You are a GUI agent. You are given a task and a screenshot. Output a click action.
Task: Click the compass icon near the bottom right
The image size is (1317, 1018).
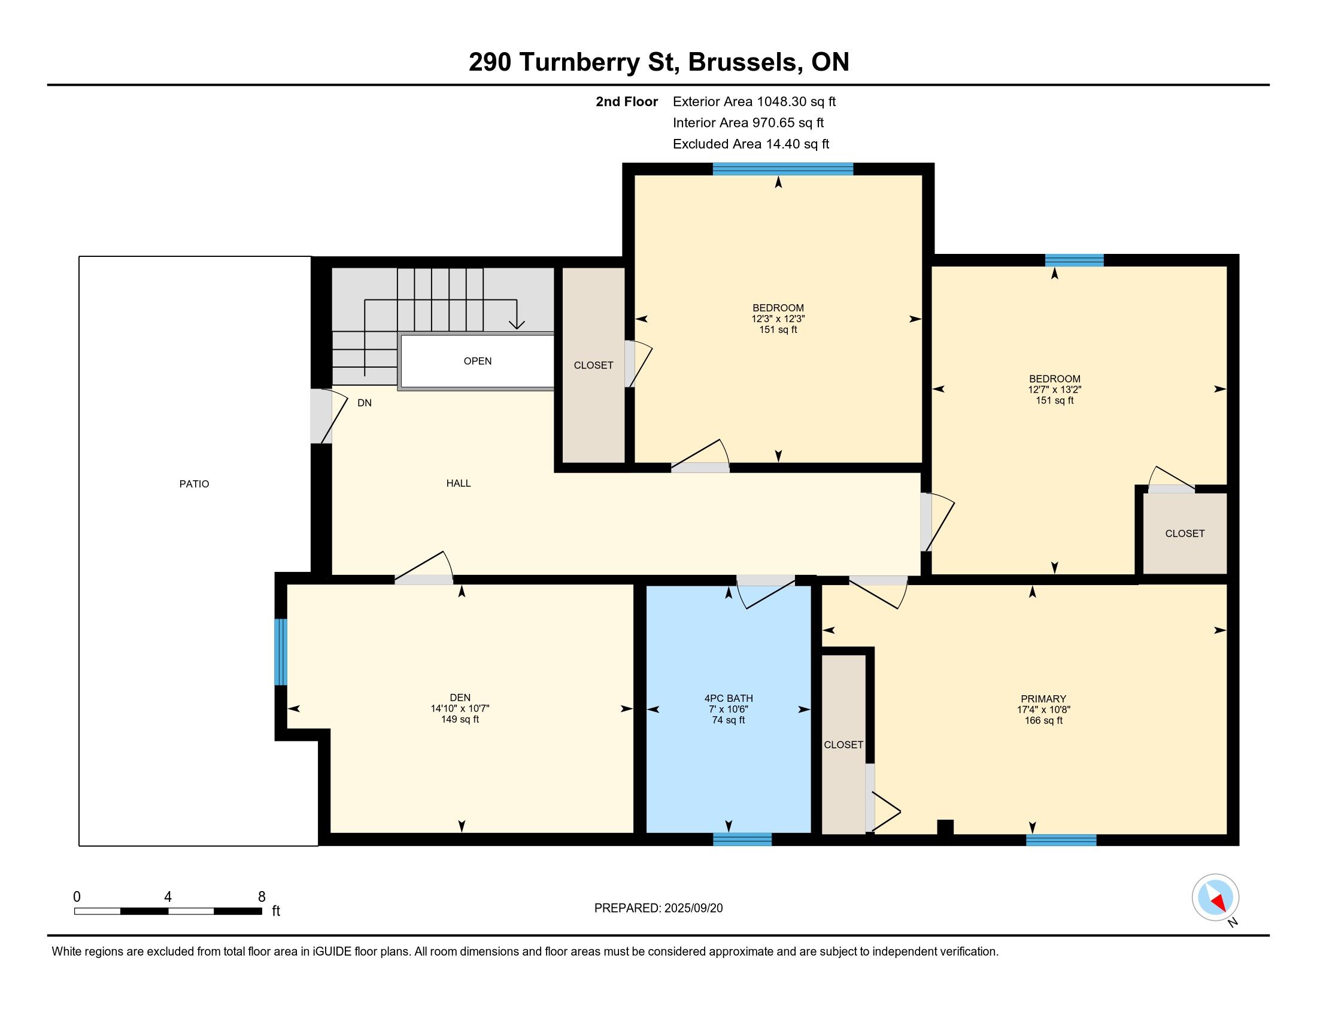1215,898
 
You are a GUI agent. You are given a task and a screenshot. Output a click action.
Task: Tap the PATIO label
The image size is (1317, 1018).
194,484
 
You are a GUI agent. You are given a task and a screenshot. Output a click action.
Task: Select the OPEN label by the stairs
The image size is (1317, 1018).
478,361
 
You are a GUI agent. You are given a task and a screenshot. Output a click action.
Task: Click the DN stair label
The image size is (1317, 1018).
364,403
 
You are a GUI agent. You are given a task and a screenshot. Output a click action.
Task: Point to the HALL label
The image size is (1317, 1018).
459,483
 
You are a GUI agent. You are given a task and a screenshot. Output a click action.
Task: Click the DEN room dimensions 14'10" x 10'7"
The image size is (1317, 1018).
460,708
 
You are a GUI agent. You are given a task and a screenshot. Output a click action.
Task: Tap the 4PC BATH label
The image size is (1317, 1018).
729,698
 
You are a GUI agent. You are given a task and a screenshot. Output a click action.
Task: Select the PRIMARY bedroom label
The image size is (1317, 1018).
1043,698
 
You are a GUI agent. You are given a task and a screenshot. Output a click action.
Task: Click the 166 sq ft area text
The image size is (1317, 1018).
1043,720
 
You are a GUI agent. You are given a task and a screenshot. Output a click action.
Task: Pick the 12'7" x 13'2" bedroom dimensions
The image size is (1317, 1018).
1055,390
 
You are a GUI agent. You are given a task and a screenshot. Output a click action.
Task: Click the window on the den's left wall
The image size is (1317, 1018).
280,652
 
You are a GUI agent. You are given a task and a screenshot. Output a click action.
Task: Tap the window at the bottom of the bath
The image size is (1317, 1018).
742,839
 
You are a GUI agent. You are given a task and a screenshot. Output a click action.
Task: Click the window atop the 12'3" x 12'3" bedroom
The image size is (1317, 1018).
783,169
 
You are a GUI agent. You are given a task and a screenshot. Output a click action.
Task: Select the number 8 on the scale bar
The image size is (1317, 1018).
262,897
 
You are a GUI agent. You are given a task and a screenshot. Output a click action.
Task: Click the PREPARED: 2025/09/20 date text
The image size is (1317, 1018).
658,908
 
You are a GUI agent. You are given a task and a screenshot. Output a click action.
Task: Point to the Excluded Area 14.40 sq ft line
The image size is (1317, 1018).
751,144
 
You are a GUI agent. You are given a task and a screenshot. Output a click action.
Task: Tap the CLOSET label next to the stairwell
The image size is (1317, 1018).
593,365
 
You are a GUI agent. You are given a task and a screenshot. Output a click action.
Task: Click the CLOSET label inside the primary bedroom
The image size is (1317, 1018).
843,745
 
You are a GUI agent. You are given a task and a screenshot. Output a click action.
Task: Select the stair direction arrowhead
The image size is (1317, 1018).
517,325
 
